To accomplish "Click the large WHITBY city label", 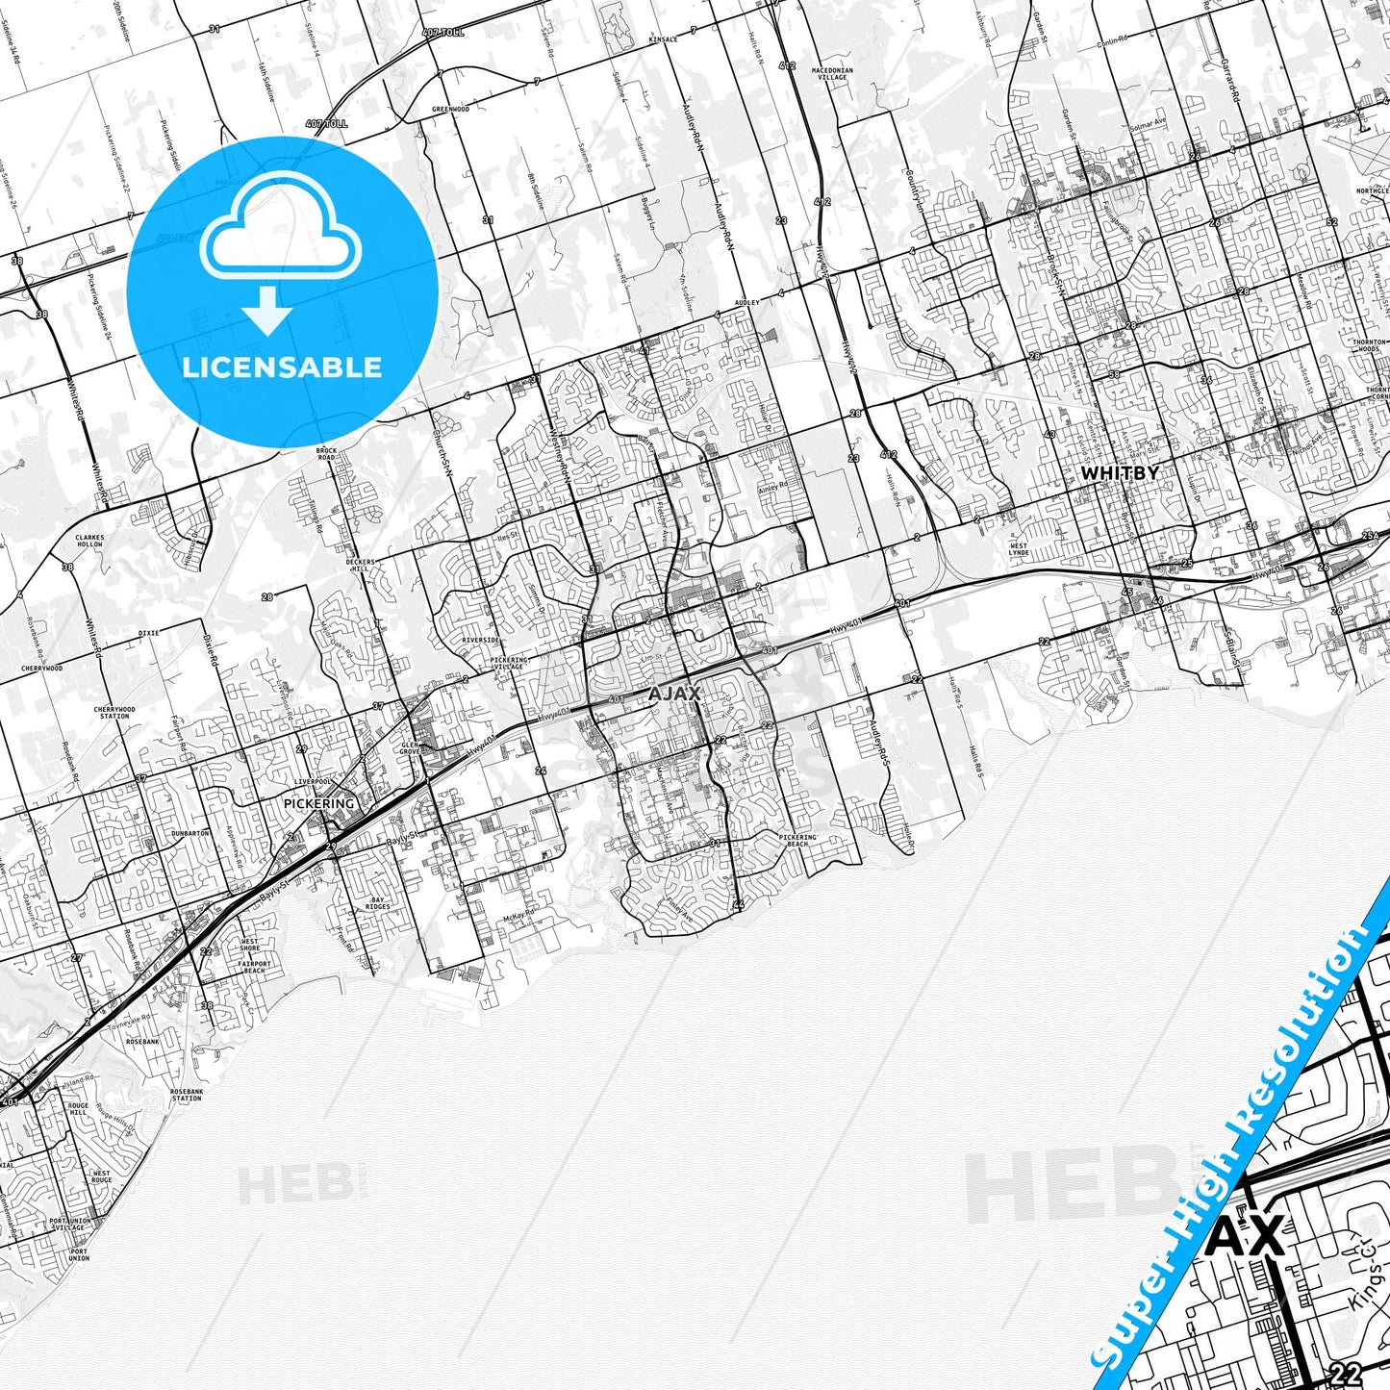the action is [1120, 473].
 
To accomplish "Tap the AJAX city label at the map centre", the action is [674, 694].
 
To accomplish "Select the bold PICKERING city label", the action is [319, 803].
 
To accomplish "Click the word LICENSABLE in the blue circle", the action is [282, 366].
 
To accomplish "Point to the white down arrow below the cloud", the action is [267, 310].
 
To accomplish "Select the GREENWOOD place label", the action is [450, 110].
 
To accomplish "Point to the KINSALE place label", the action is [663, 40].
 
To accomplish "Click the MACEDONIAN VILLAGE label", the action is [832, 74].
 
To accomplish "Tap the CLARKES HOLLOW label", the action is [88, 541].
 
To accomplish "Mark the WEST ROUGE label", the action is [101, 1176].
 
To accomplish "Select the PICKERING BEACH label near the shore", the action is [797, 841].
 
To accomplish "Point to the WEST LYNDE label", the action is [1018, 550].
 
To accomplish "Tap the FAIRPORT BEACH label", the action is [254, 967].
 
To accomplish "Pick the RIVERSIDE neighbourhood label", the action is [480, 640].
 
